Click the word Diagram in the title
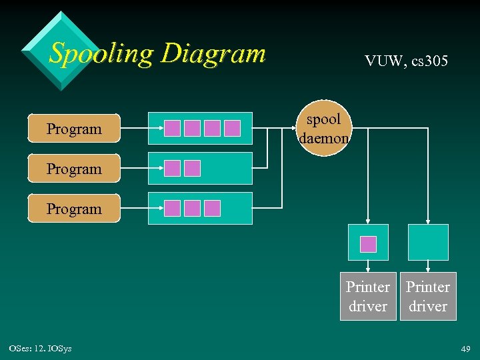coord(213,53)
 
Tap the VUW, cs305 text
coord(406,61)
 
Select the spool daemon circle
coord(323,128)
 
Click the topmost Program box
coord(74,129)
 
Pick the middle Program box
coord(74,169)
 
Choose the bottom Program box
coord(74,209)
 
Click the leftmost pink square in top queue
coord(173,128)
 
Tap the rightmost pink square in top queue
coord(232,128)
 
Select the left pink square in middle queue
coord(173,168)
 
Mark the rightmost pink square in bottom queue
coord(212,208)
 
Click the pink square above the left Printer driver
coord(368,244)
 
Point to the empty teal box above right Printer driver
coord(428,242)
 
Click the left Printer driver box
coord(368,297)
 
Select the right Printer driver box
coord(428,297)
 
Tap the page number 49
coord(464,349)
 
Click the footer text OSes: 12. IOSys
coord(41,349)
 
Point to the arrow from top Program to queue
coord(133,129)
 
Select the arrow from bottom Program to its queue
coord(133,209)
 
